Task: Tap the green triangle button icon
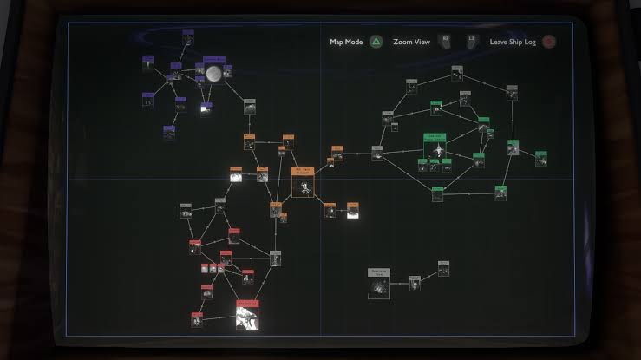376,41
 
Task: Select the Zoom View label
412,41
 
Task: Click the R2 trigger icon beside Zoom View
445,41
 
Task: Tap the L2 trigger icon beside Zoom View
472,41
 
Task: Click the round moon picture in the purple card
213,73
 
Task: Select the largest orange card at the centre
302,182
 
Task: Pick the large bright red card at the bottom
248,315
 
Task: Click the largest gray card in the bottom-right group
379,284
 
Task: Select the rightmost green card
540,158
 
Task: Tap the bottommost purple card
169,133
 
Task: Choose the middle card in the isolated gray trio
415,282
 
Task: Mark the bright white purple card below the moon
206,108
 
